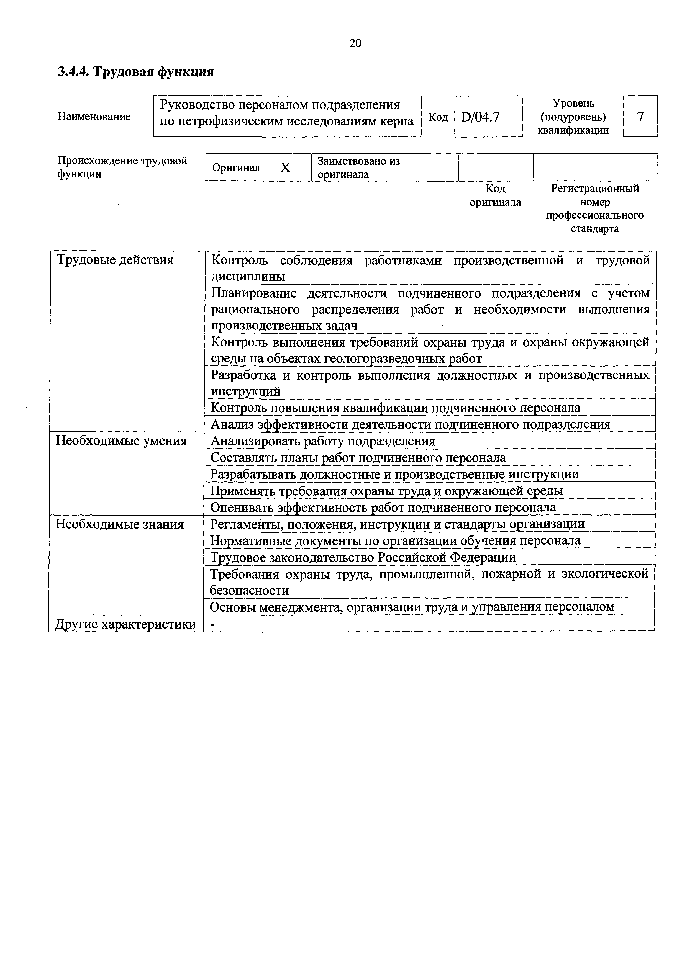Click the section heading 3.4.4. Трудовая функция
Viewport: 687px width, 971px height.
tap(136, 72)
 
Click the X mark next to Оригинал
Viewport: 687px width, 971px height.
tap(286, 168)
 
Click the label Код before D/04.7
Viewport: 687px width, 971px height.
tap(438, 117)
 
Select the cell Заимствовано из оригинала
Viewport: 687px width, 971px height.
tap(359, 168)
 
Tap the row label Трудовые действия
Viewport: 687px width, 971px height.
tap(115, 260)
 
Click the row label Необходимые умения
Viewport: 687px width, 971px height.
tap(121, 441)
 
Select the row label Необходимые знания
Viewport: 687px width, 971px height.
tap(120, 524)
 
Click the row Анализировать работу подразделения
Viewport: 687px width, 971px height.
tap(323, 441)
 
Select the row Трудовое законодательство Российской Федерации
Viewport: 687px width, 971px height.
tap(363, 557)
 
